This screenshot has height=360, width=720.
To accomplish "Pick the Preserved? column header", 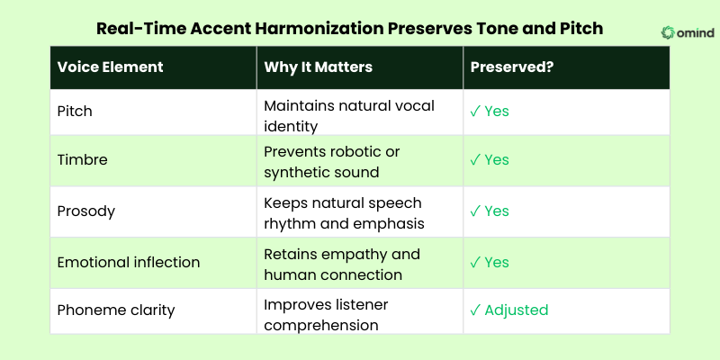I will pyautogui.click(x=509, y=67).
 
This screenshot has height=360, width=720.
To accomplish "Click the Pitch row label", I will pyautogui.click(x=75, y=112).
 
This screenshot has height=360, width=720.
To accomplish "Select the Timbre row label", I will pyautogui.click(x=81, y=160).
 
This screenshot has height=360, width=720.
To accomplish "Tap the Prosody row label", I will pyautogui.click(x=85, y=211).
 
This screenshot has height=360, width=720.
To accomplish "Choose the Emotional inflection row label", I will pyautogui.click(x=128, y=262).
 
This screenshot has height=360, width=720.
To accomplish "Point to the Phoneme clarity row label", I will pyautogui.click(x=116, y=310).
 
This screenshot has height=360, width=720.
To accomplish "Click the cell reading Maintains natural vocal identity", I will pyautogui.click(x=348, y=113).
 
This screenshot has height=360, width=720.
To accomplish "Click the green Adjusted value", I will pyautogui.click(x=516, y=310).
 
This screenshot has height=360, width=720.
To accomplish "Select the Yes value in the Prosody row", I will pyautogui.click(x=497, y=211).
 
